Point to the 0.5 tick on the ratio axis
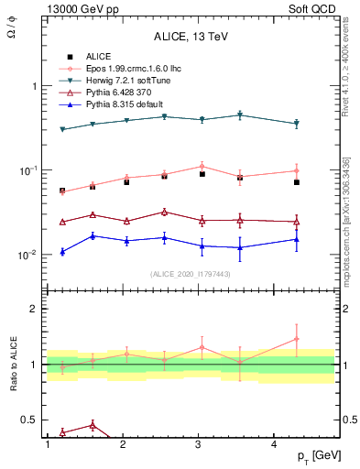coord(29,420)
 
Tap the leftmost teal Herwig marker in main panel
coord(62,129)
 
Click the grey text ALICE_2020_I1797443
coord(191,274)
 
